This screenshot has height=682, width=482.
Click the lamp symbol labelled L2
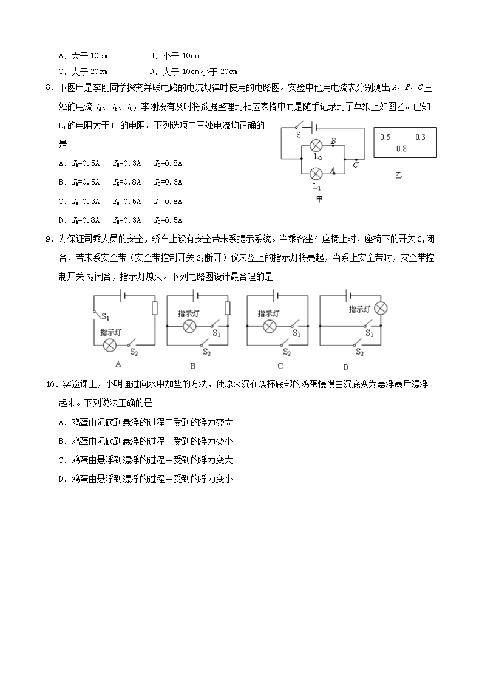tap(316, 145)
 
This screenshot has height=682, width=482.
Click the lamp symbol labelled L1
tap(316, 174)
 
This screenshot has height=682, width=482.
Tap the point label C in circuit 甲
tap(355, 165)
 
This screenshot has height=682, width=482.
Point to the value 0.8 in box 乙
tap(401, 149)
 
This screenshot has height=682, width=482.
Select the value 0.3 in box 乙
tap(420, 137)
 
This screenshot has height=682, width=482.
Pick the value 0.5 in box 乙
tap(385, 137)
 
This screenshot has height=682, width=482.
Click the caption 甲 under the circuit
tap(319, 200)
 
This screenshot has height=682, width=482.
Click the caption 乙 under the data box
tap(398, 176)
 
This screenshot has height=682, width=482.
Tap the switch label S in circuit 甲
tap(299, 135)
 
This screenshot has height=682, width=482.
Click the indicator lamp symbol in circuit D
tap(380, 308)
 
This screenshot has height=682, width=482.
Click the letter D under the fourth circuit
tap(345, 366)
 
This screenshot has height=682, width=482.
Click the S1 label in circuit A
tap(106, 316)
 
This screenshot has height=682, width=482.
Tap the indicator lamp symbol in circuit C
tap(269, 326)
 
